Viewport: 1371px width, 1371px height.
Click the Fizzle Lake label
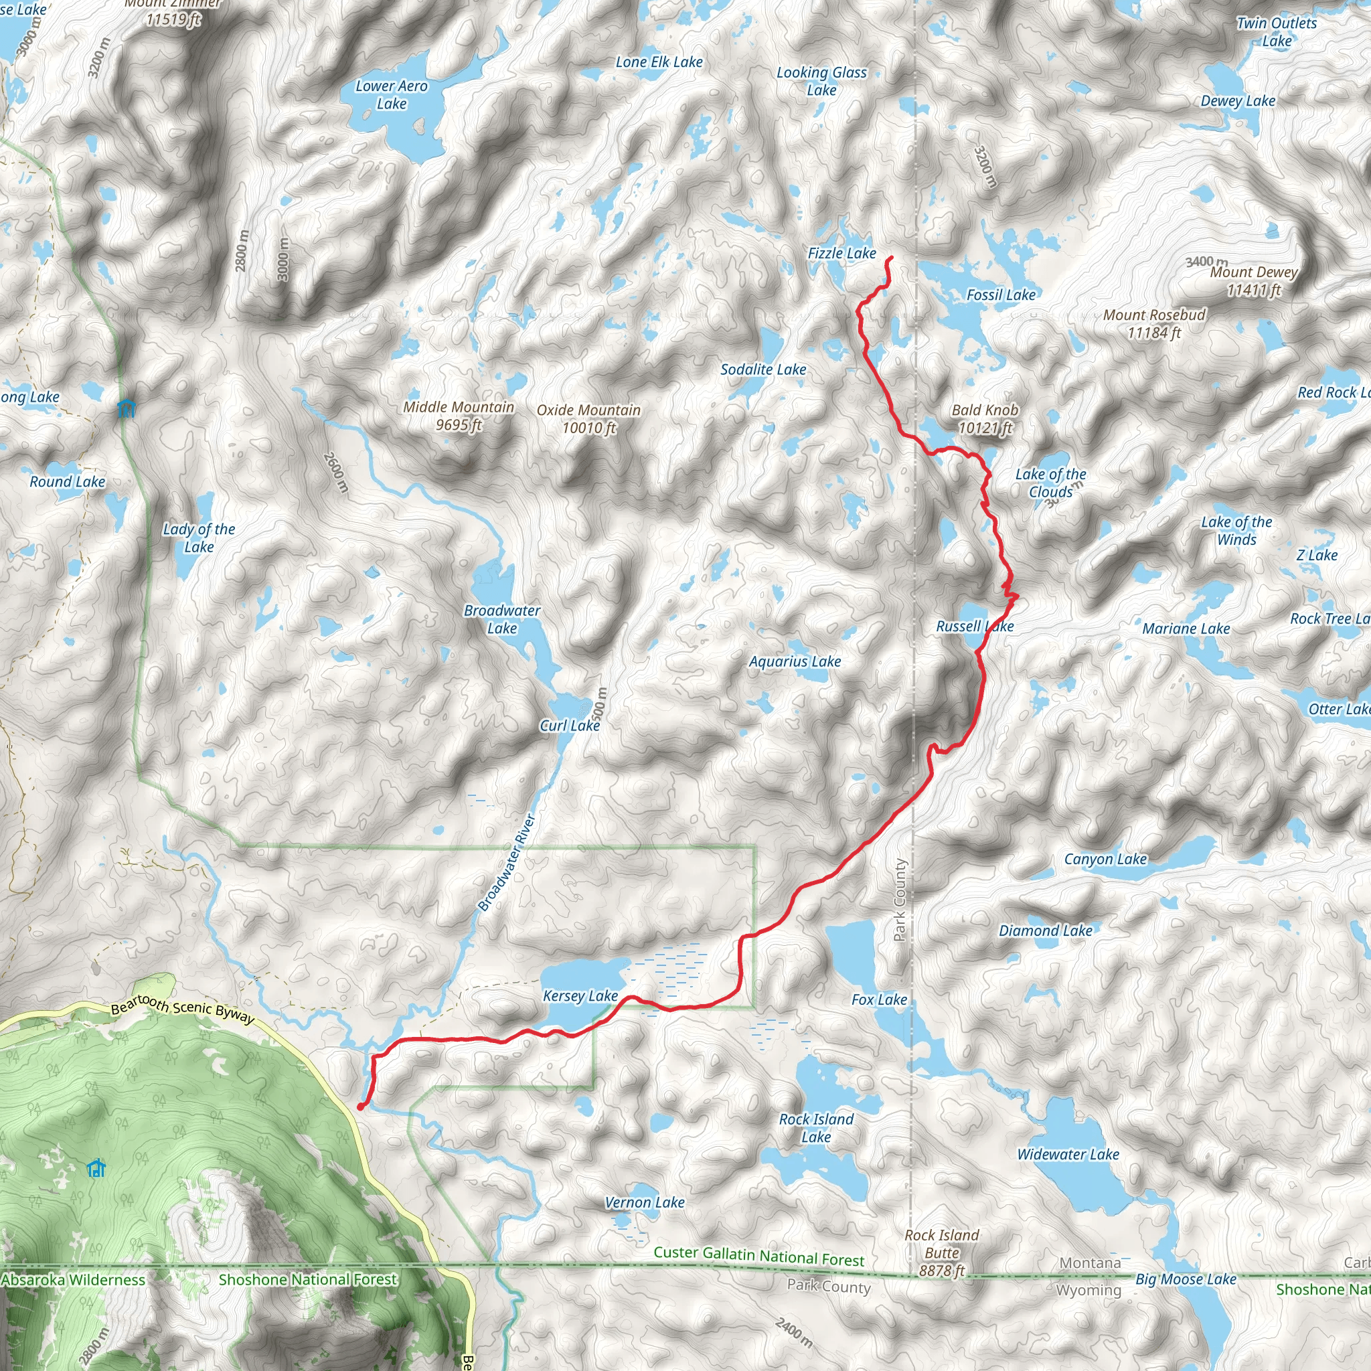coord(841,253)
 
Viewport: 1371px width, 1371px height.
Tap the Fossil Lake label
coord(1001,295)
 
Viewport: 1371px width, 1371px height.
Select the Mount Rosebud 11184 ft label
coord(1154,323)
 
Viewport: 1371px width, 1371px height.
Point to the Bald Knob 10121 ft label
coord(985,418)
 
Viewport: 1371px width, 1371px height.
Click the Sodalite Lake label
coord(763,370)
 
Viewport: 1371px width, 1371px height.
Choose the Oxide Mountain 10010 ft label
coord(588,418)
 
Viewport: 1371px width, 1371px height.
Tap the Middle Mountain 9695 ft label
coord(459,416)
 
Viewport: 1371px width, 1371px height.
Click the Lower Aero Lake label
coord(392,95)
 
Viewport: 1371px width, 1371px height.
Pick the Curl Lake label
coord(570,726)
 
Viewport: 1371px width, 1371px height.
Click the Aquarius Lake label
coord(795,662)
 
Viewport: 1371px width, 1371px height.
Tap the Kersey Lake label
coord(580,996)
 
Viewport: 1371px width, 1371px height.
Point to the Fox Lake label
coord(879,1000)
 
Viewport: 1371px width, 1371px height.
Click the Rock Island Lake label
coord(816,1127)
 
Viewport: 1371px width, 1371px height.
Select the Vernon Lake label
coord(645,1202)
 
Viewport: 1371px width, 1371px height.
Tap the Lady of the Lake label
coord(199,538)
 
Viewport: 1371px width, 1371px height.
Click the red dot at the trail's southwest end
coord(361,1107)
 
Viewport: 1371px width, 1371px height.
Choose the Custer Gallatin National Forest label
coord(758,1255)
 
